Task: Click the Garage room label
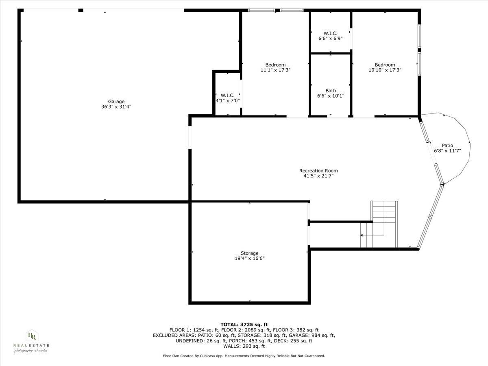(x=116, y=102)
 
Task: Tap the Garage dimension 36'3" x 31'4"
(x=116, y=107)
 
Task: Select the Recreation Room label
(x=318, y=171)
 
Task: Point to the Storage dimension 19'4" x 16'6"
(x=249, y=258)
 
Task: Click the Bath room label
(x=331, y=91)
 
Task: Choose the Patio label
(x=447, y=146)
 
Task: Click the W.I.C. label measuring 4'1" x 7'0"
(x=228, y=95)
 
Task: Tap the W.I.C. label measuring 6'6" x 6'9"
(x=330, y=33)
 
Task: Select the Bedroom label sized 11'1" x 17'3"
(x=275, y=65)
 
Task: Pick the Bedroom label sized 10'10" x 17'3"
(x=385, y=65)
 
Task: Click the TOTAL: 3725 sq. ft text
(x=244, y=324)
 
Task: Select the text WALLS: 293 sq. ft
(x=244, y=346)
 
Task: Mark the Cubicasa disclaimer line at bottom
(x=244, y=356)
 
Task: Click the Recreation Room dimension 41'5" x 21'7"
(x=318, y=176)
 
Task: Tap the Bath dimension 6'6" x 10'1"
(x=331, y=96)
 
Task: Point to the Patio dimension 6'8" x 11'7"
(x=447, y=151)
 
